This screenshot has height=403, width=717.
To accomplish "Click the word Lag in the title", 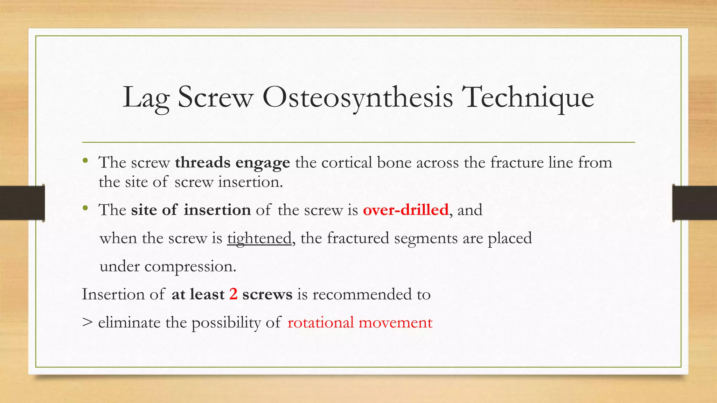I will (x=146, y=98).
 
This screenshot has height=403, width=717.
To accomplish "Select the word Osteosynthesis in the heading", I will (x=357, y=98).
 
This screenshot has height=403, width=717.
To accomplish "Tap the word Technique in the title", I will (x=528, y=98).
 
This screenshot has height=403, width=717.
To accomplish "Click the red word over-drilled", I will (x=405, y=210).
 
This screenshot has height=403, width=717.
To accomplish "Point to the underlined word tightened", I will (x=259, y=239).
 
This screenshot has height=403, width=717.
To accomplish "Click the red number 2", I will (x=233, y=294).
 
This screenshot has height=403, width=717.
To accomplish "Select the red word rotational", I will (x=320, y=322).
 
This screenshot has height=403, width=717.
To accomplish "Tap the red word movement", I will (x=396, y=322).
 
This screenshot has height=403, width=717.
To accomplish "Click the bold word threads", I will (x=203, y=163).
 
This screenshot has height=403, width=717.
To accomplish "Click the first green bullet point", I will (x=85, y=161).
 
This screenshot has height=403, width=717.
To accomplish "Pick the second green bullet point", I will (x=85, y=208).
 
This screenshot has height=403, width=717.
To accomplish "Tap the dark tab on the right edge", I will (x=695, y=203).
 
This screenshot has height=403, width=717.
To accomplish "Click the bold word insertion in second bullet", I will (x=217, y=210).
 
